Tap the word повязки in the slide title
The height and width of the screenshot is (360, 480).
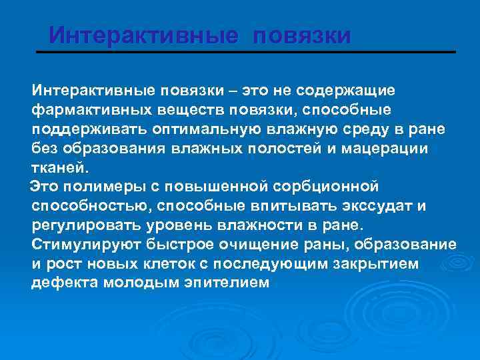coord(301,35)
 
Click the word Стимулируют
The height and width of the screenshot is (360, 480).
coord(83,244)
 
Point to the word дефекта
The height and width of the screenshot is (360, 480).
coord(64,283)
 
